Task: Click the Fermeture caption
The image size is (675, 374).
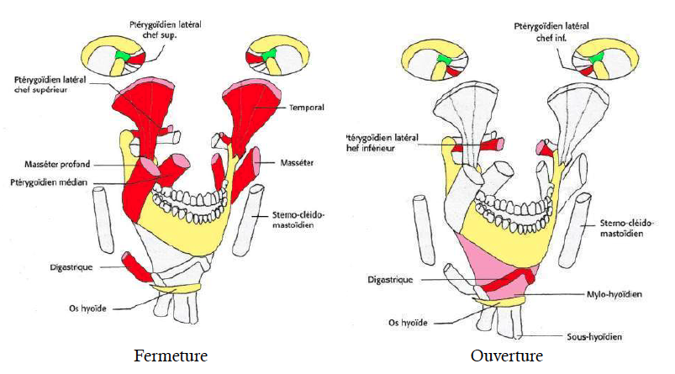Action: (170, 356)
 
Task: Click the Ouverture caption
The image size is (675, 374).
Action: (508, 356)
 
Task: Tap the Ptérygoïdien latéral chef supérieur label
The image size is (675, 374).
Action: (46, 86)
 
